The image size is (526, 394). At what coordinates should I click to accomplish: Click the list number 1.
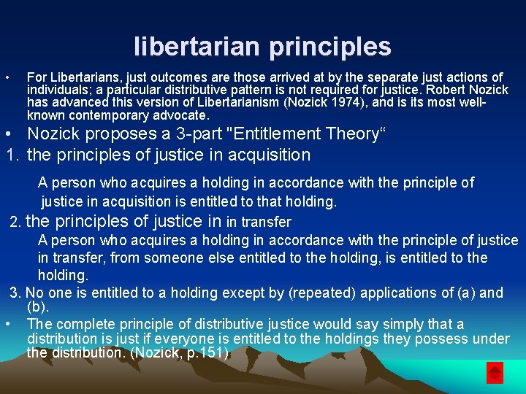pos(11,155)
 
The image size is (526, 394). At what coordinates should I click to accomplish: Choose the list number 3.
pos(15,293)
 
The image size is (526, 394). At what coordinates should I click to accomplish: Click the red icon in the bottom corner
pos(495,373)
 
